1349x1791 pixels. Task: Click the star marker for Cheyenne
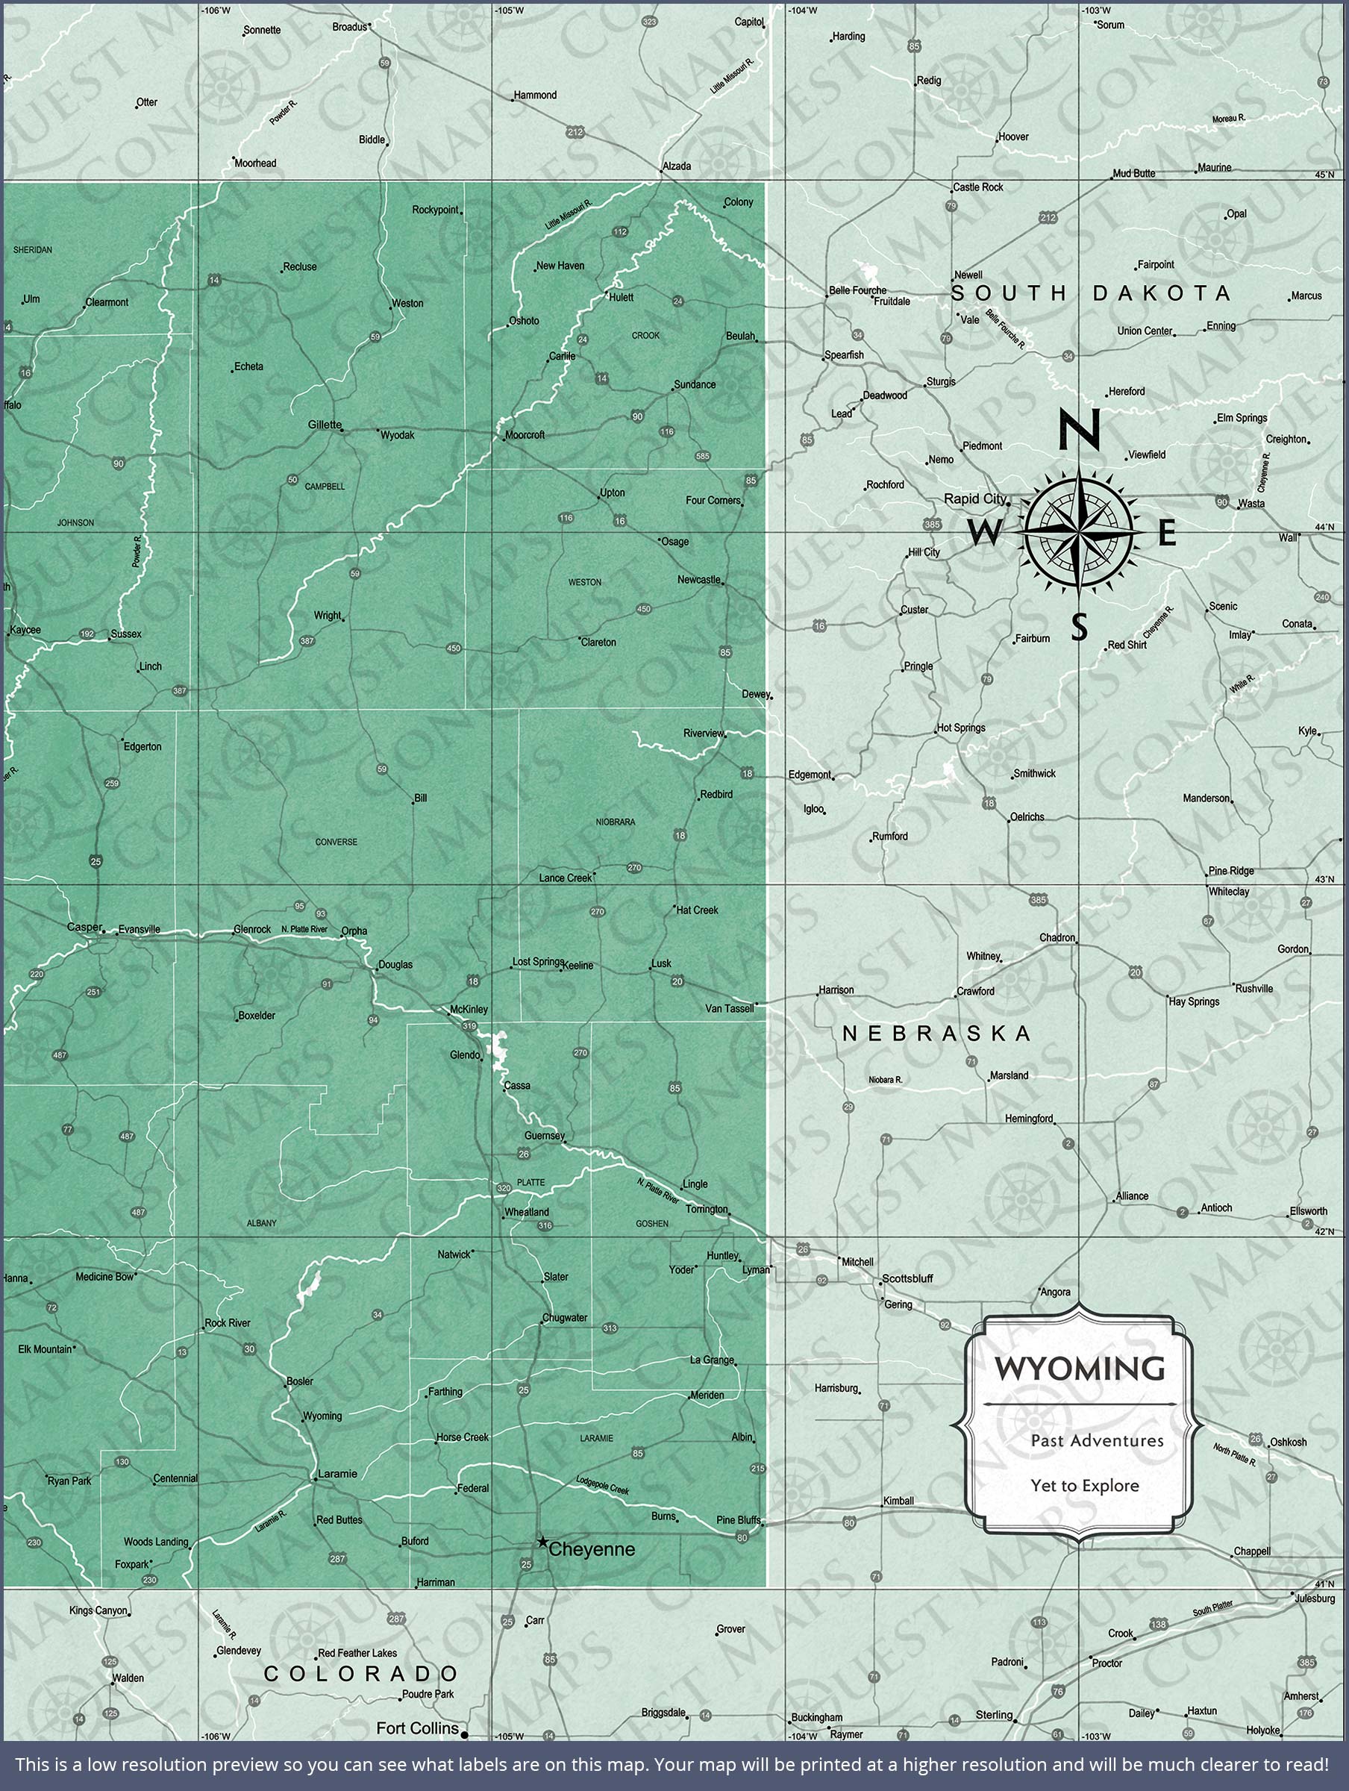click(542, 1541)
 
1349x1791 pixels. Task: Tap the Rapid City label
click(974, 498)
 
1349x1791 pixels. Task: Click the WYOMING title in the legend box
click(1080, 1368)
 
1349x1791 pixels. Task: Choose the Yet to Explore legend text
click(1084, 1485)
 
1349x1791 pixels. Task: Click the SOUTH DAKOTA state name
click(1091, 293)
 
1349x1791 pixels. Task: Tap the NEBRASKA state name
click(937, 1033)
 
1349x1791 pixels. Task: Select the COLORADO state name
click(361, 1674)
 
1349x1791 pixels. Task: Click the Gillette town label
click(325, 425)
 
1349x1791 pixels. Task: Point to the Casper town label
click(84, 927)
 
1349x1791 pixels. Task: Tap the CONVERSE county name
click(336, 842)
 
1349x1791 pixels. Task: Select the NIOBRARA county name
click(616, 822)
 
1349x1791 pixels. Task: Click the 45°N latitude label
click(1324, 175)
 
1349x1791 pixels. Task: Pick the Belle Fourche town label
click(857, 290)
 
